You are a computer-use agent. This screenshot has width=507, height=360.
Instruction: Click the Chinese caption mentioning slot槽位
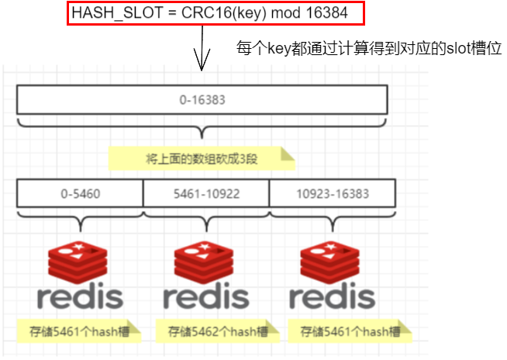click(369, 48)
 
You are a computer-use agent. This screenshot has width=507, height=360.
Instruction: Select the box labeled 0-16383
click(202, 100)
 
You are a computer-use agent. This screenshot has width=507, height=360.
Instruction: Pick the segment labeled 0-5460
click(80, 192)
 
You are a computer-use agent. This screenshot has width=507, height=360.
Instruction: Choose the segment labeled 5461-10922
click(206, 192)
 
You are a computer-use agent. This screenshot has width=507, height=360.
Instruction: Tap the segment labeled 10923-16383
click(333, 192)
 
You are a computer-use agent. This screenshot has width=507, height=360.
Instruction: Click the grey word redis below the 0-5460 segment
click(80, 296)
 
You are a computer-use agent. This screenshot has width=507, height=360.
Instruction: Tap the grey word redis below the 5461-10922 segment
click(206, 296)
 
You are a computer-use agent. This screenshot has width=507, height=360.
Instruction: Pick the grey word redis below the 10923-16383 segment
click(333, 296)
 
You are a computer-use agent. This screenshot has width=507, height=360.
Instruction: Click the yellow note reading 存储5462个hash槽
click(207, 331)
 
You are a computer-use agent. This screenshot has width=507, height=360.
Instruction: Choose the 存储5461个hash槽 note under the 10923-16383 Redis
click(347, 331)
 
